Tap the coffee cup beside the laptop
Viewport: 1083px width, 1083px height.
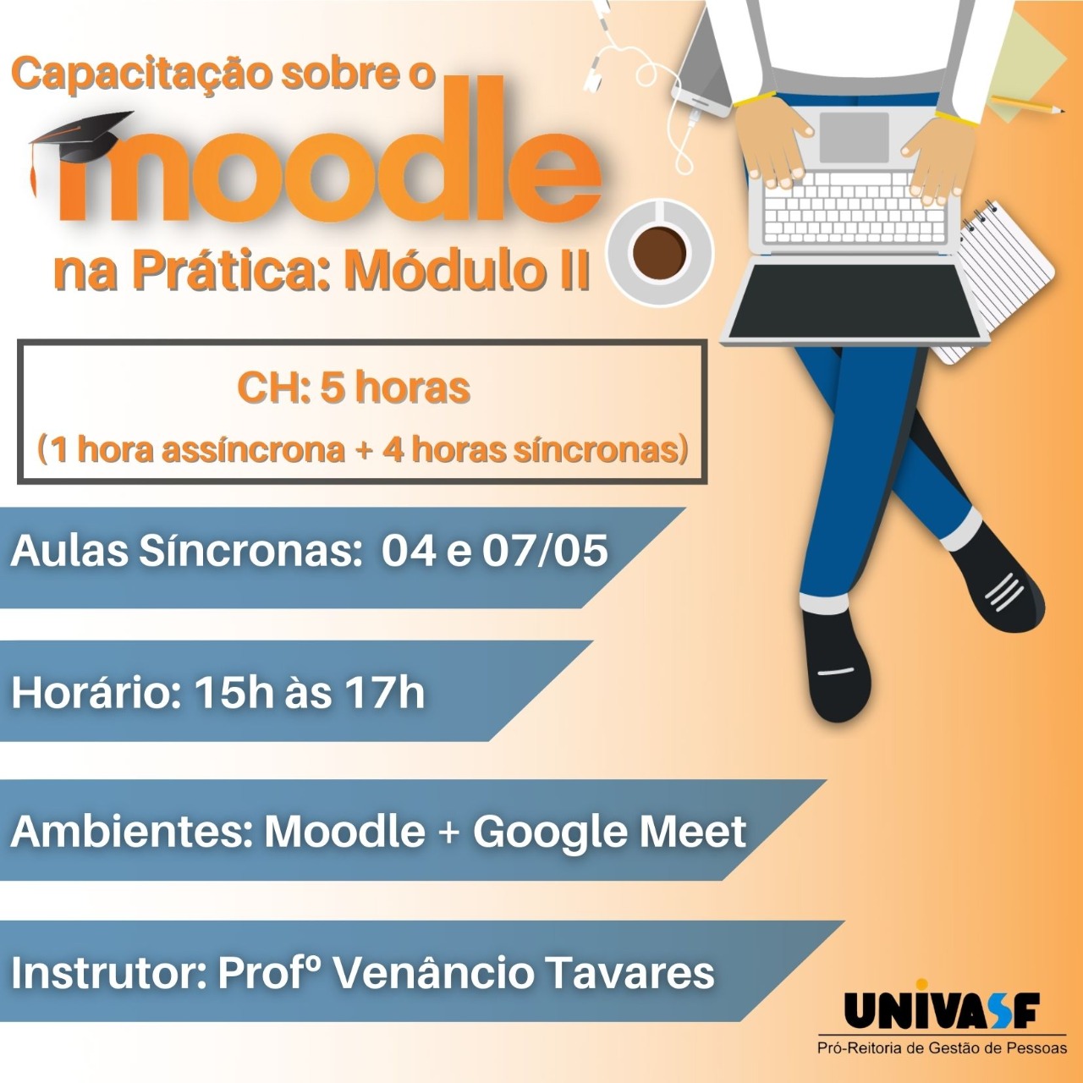(661, 252)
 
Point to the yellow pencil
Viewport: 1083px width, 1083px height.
(1028, 105)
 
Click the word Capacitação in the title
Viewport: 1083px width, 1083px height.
(140, 75)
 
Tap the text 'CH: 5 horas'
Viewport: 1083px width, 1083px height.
(354, 388)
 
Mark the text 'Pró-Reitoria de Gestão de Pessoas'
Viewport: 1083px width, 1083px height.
(942, 1048)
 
